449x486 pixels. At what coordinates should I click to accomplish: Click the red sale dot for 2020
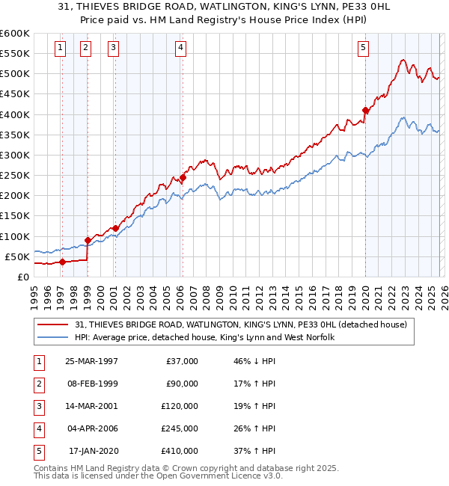(365, 111)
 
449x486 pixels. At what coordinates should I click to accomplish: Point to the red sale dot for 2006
(183, 178)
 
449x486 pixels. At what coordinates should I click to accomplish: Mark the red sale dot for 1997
(63, 262)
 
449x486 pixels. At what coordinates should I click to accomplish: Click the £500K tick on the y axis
(15, 74)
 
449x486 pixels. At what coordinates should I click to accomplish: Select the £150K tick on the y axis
(15, 216)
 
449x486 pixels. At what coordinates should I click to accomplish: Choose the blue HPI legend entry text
(204, 338)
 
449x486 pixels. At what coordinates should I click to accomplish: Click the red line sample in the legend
(54, 325)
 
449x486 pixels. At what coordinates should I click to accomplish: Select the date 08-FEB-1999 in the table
(91, 384)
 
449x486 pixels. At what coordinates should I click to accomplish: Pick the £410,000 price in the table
(180, 451)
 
